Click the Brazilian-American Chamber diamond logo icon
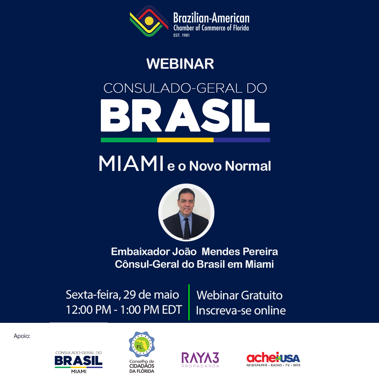click(149, 21)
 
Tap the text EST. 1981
click(181, 35)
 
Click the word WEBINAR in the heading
click(180, 64)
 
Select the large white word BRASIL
click(185, 115)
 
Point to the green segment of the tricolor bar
click(129, 140)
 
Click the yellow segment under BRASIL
click(185, 140)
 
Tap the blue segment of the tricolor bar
click(242, 140)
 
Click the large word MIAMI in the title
click(131, 164)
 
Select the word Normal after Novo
click(248, 166)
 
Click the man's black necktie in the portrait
click(187, 228)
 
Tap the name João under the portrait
click(184, 252)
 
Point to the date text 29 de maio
click(151, 295)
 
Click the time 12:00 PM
click(88, 310)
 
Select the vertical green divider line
click(189, 302)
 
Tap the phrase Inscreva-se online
click(241, 310)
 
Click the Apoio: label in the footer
click(22, 336)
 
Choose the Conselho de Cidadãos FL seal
click(142, 345)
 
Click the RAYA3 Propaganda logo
click(200, 360)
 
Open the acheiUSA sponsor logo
click(273, 359)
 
